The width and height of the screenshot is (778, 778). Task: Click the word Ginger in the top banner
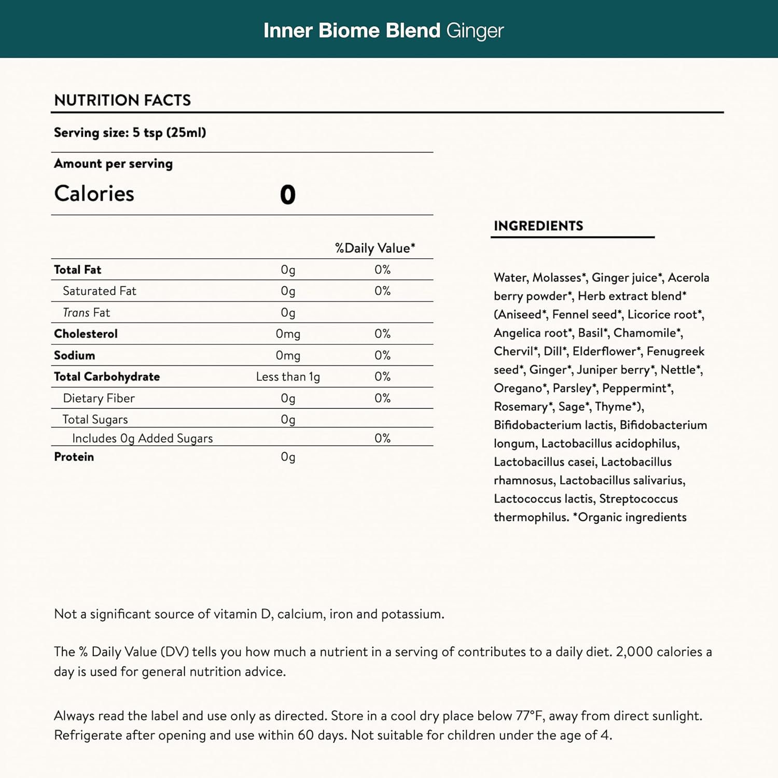pyautogui.click(x=475, y=31)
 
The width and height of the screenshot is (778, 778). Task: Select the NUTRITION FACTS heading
pyautogui.click(x=122, y=100)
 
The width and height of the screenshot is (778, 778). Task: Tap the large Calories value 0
pyautogui.click(x=287, y=195)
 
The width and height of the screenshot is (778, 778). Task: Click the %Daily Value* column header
pyautogui.click(x=374, y=248)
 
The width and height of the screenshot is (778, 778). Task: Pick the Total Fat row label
pyautogui.click(x=78, y=270)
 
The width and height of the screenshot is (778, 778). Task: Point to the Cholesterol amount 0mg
pyautogui.click(x=288, y=334)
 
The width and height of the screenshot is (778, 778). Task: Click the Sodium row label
pyautogui.click(x=75, y=355)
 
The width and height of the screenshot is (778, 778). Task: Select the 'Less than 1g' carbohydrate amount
pyautogui.click(x=288, y=377)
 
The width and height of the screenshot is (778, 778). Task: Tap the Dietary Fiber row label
pyautogui.click(x=99, y=398)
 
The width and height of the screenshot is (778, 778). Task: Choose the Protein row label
pyautogui.click(x=74, y=457)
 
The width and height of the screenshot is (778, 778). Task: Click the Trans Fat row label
pyautogui.click(x=86, y=313)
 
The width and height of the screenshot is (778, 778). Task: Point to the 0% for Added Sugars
pyautogui.click(x=382, y=438)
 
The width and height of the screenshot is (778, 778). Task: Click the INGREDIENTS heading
pyautogui.click(x=538, y=226)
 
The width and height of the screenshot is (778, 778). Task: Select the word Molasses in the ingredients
pyautogui.click(x=557, y=277)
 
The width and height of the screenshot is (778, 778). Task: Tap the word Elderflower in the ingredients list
pyautogui.click(x=604, y=351)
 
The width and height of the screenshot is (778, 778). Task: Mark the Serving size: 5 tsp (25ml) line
pyautogui.click(x=130, y=133)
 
